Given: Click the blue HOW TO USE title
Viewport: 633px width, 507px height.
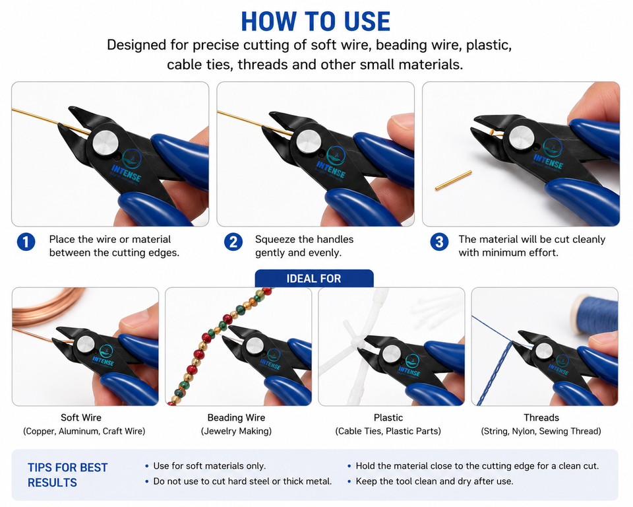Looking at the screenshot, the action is coord(316,21).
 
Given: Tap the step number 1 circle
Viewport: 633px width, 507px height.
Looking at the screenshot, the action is coord(26,242).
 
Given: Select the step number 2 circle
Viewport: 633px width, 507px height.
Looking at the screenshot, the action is coord(233,242).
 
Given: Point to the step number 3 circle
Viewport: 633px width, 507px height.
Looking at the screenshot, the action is coord(439,242).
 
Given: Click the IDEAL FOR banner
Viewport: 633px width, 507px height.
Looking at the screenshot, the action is coord(314,278).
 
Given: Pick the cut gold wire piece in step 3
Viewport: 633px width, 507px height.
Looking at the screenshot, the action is coord(454,180).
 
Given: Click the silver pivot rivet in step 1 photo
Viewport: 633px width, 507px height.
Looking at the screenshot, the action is coord(105,143).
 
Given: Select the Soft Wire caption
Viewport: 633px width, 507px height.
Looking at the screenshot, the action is coord(80,417).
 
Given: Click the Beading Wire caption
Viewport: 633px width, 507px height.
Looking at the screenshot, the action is coord(236,417).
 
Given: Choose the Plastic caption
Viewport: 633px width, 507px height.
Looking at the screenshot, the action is coord(388,417).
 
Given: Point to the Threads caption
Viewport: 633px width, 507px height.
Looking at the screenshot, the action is coord(541,417).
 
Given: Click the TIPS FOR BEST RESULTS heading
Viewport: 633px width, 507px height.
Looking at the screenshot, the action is coord(67,475).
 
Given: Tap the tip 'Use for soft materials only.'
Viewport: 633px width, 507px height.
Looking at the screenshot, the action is coord(209,466).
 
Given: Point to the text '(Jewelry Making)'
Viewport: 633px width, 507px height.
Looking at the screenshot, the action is coord(236,431).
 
